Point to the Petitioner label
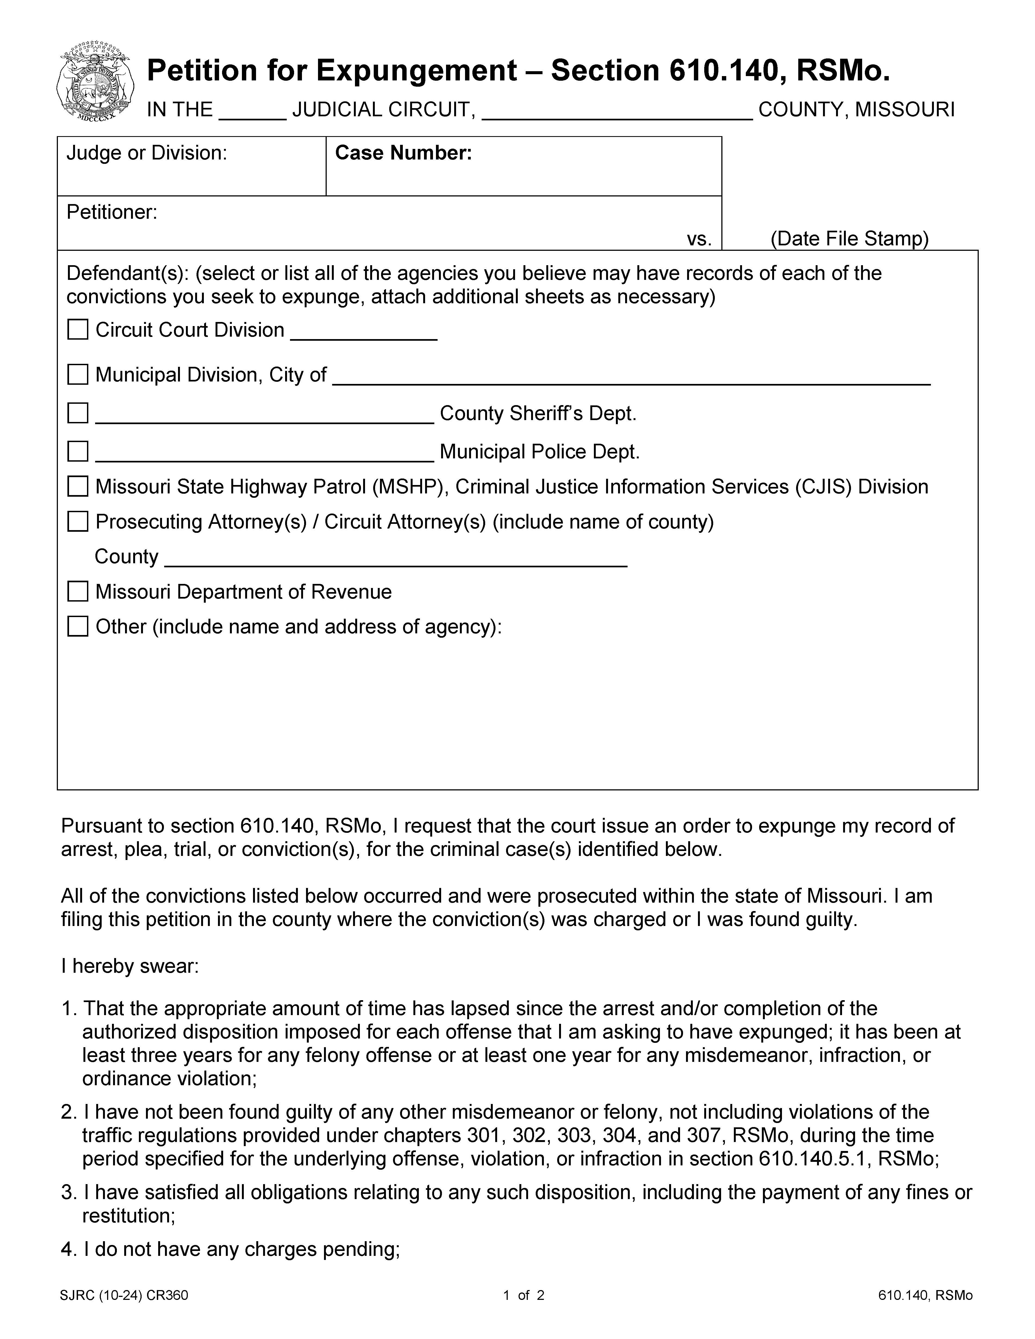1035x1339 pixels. pyautogui.click(x=112, y=212)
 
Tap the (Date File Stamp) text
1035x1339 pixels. pyautogui.click(x=849, y=239)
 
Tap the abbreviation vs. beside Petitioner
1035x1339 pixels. pyautogui.click(x=699, y=239)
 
